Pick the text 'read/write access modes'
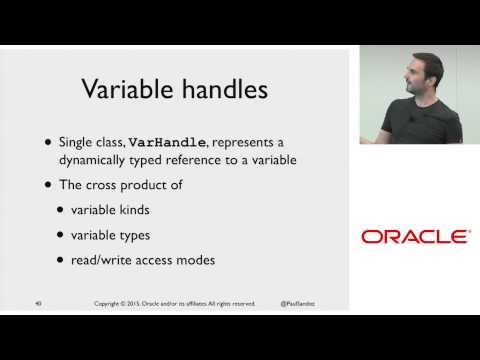point(142,261)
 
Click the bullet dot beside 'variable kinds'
point(63,211)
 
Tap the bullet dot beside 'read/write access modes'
point(63,262)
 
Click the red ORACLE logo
point(414,237)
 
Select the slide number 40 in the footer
point(38,303)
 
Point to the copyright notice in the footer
point(175,303)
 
